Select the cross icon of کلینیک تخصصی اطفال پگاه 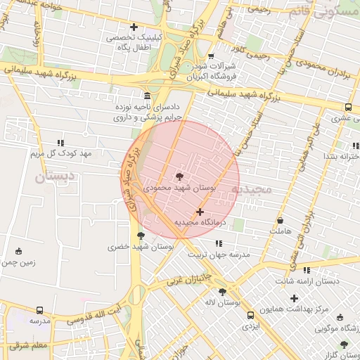tap(134, 27)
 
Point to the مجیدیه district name tap(260, 190)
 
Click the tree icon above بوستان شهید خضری tap(141, 236)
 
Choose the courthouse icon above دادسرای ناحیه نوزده tap(146, 95)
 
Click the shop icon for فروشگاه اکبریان tap(211, 57)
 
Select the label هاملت tap(280, 231)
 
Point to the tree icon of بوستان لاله tap(222, 291)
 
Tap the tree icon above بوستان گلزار tap(344, 344)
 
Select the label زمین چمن tap(18, 262)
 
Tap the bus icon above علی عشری tap(348, 108)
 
